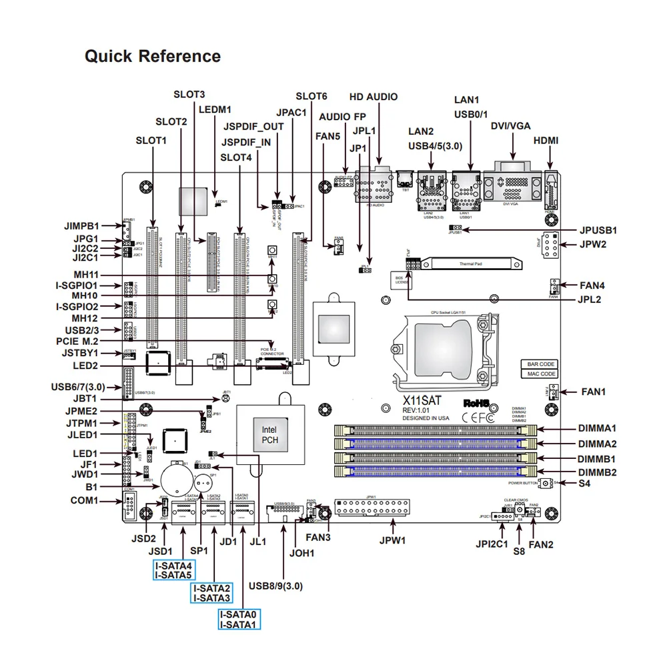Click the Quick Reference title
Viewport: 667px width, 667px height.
click(152, 57)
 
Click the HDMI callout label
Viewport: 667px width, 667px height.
click(546, 141)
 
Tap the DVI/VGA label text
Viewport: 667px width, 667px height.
click(512, 125)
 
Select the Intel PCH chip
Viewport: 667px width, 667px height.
click(269, 435)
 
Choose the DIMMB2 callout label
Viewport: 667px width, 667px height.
click(597, 472)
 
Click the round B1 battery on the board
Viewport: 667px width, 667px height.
click(178, 478)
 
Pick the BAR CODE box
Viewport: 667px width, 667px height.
click(541, 364)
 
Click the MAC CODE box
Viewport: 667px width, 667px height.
click(541, 374)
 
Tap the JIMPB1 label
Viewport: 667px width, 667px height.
click(77, 226)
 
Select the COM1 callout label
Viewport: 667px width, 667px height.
click(85, 500)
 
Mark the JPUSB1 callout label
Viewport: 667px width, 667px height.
click(598, 230)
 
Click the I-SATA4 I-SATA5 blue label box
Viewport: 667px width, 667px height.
click(173, 570)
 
